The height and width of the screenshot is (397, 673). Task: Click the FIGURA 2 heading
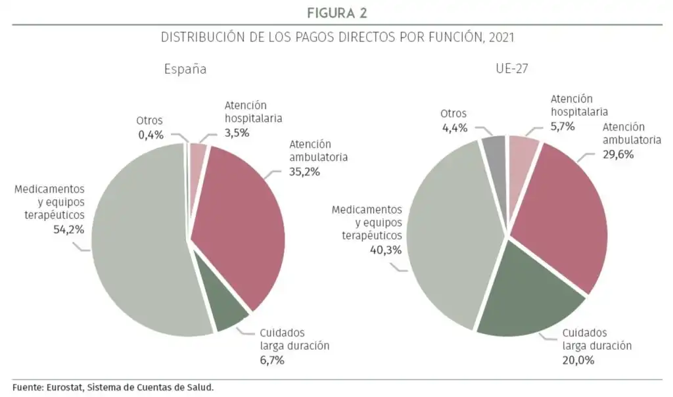coord(336,12)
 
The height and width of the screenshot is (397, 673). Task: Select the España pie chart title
coord(185,69)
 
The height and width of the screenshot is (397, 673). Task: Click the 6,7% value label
coord(275,359)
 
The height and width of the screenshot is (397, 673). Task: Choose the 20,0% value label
coord(578,360)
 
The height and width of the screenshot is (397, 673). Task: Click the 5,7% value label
coord(563,126)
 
